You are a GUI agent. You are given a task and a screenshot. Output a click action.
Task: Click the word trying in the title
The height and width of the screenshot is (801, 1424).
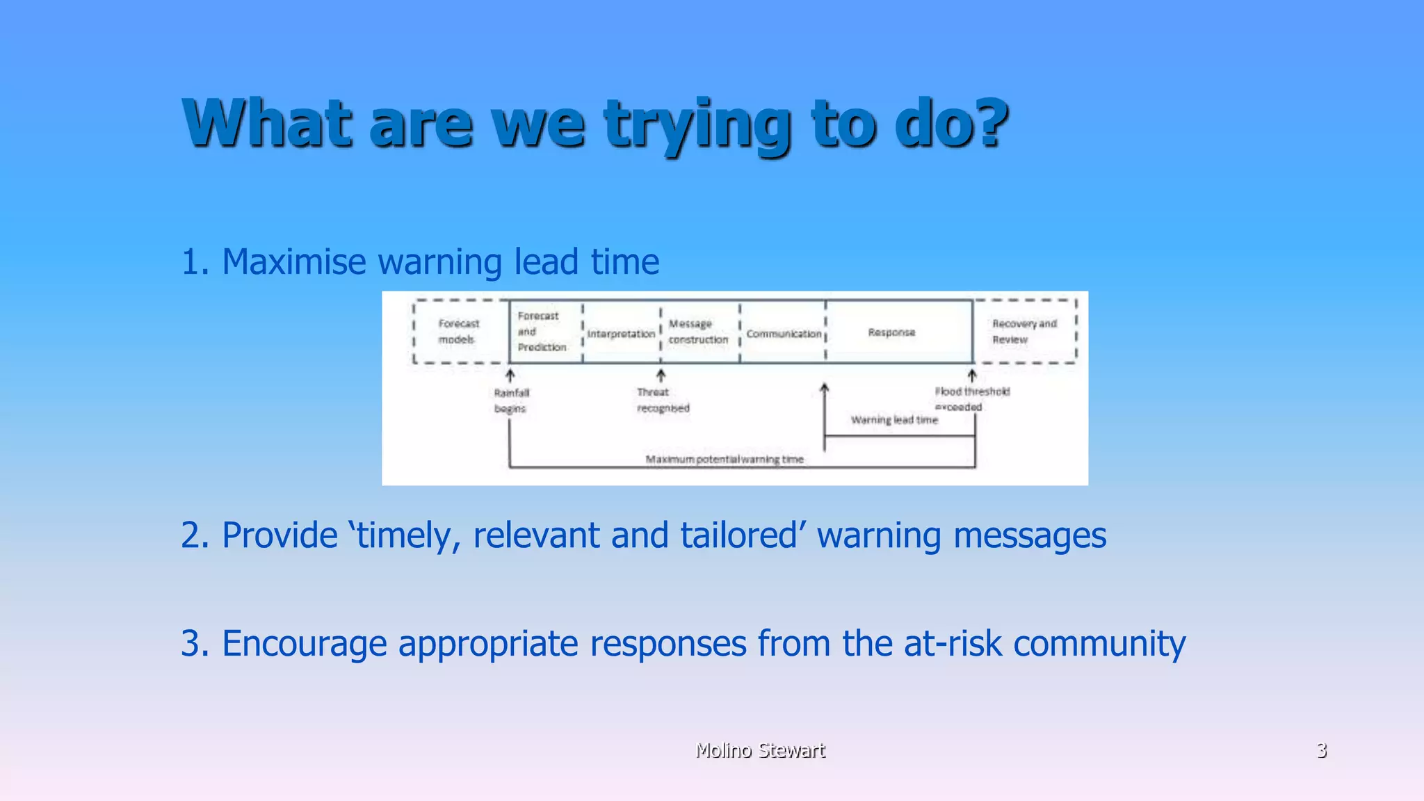click(697, 125)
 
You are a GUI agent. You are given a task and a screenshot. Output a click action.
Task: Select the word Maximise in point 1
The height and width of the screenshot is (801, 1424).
click(293, 262)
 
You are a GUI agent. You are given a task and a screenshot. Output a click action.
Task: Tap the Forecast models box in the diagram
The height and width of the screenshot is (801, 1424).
click(459, 332)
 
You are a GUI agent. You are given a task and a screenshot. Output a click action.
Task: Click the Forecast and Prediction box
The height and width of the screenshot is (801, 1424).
click(542, 332)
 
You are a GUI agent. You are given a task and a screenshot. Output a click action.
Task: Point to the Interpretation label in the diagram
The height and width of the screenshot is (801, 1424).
click(621, 334)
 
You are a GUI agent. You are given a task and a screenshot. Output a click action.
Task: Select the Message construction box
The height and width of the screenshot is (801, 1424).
click(698, 332)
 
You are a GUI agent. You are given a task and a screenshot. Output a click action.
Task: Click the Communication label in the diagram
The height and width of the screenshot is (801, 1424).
click(784, 334)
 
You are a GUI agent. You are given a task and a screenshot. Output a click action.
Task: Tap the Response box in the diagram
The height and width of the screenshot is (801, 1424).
click(891, 332)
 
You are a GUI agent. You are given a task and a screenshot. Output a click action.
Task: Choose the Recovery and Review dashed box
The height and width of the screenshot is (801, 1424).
click(1024, 332)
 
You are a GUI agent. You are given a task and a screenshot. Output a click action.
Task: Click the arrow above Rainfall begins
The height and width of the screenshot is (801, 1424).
click(510, 376)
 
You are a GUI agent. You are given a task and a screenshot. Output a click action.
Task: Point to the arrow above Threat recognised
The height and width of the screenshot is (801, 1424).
click(661, 376)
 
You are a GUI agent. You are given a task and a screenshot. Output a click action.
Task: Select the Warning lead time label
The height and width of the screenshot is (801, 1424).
click(894, 420)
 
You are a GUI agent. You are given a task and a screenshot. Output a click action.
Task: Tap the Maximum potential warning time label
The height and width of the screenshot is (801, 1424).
click(724, 460)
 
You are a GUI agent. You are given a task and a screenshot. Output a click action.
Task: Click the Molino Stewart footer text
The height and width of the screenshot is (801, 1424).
click(760, 750)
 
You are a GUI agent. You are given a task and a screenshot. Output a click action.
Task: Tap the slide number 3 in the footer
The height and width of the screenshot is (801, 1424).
click(1321, 750)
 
